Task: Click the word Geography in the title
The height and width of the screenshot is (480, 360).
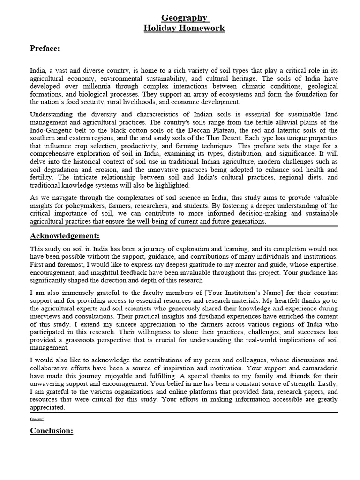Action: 184,18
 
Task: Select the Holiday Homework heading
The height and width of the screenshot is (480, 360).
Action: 184,29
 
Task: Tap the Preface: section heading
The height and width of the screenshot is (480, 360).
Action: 45,48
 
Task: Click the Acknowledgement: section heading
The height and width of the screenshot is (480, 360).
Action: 65,235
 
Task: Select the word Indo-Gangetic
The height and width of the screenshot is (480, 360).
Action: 52,130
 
